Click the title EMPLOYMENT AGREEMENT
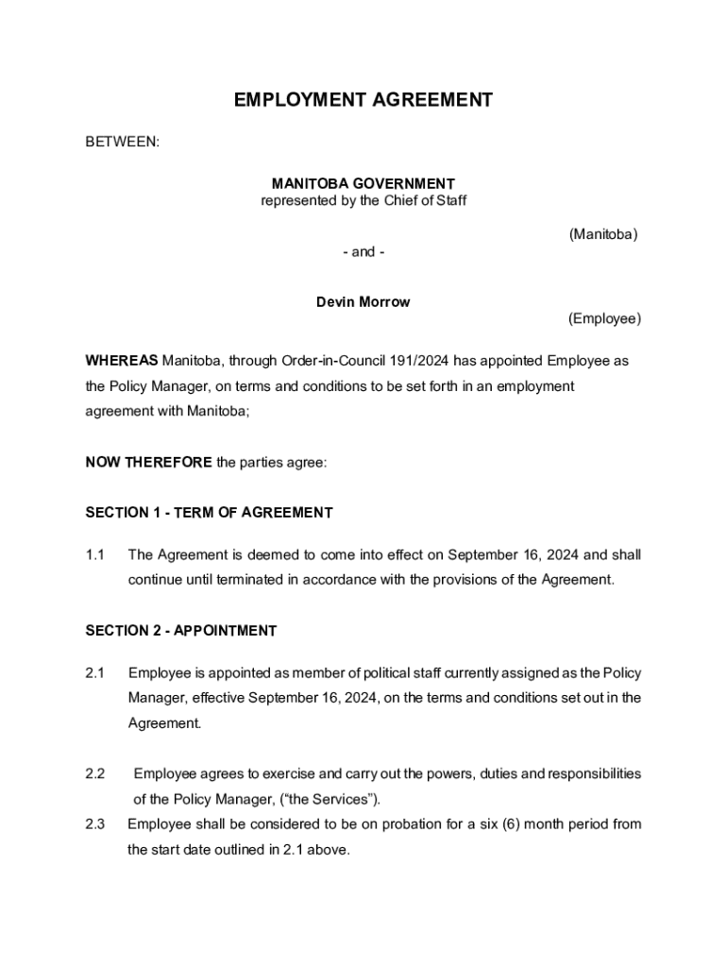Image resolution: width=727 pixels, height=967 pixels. point(363,100)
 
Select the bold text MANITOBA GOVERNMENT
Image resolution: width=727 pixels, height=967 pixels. point(363,183)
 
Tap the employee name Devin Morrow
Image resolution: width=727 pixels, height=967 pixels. point(363,302)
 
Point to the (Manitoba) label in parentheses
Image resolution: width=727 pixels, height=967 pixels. point(603,233)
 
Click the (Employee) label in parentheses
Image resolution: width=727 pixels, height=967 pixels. point(604,319)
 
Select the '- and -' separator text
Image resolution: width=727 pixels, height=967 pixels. point(363,252)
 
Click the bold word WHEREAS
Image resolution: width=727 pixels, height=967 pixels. point(122,361)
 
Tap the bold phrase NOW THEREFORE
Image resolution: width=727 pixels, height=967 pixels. point(148,463)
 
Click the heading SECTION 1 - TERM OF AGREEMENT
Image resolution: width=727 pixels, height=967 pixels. point(209,513)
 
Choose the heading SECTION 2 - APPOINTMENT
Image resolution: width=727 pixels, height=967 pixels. point(181,631)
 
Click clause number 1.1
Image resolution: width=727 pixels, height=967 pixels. point(94,555)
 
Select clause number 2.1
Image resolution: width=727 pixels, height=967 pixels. point(94,673)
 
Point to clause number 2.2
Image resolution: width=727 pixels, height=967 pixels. point(94,774)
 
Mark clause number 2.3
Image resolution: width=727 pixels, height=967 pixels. point(94,824)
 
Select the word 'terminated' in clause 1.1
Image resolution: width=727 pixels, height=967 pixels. point(241,580)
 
